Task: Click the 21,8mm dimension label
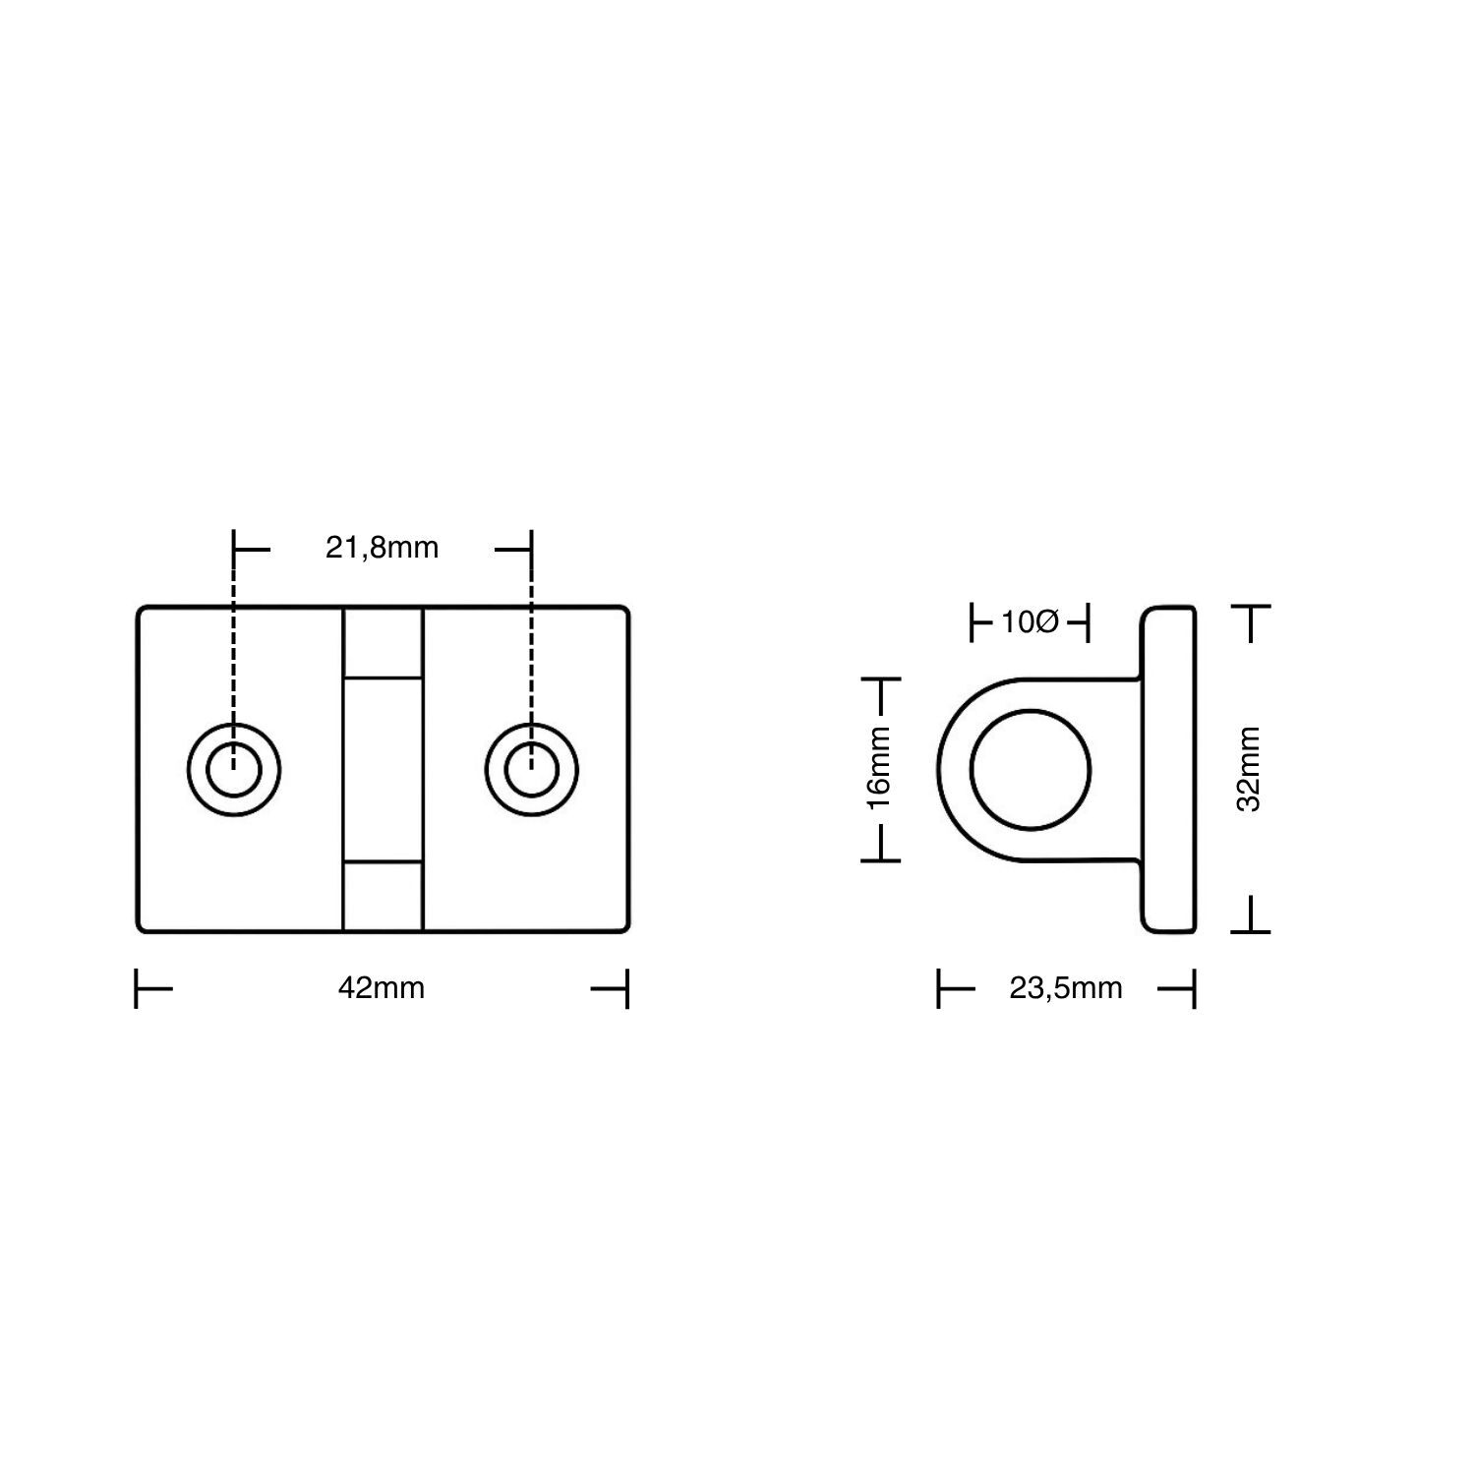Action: click(x=382, y=548)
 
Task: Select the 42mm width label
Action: click(x=382, y=987)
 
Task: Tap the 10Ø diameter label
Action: click(x=1030, y=622)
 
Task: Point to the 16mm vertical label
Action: click(x=878, y=768)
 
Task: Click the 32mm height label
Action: click(x=1248, y=768)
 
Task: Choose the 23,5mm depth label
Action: click(x=1066, y=987)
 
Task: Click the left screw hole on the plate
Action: click(x=234, y=769)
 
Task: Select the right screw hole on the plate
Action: click(x=532, y=769)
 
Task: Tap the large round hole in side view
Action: click(x=1031, y=769)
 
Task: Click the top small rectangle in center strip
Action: click(x=383, y=643)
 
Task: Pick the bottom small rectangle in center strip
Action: click(x=383, y=895)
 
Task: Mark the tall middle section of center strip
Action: click(x=383, y=769)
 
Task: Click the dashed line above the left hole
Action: click(x=234, y=649)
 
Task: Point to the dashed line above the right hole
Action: click(x=532, y=649)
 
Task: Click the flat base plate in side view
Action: click(x=1169, y=769)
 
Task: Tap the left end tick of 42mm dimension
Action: click(x=137, y=988)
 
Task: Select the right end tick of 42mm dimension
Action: click(x=626, y=988)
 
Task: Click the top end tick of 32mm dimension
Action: click(x=1250, y=610)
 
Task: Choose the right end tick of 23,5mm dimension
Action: click(x=1193, y=988)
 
